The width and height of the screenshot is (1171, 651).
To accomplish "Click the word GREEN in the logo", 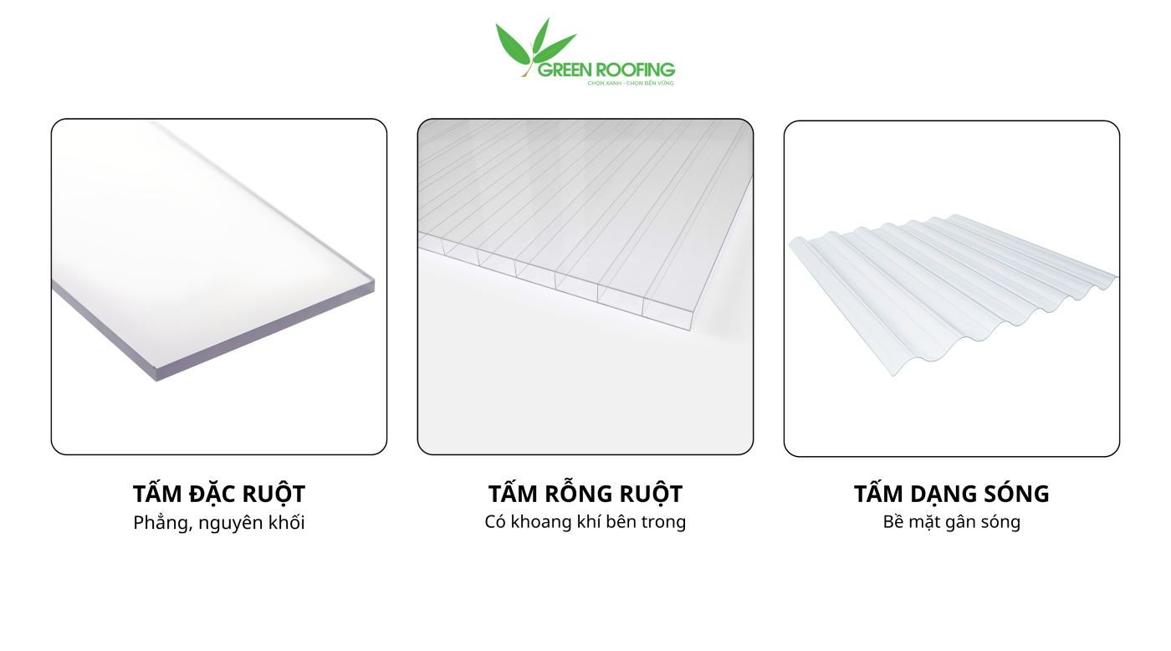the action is [x=565, y=70].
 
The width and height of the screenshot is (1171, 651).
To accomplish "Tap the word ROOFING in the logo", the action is [x=635, y=70].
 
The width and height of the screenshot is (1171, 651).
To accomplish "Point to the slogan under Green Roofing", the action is [x=631, y=83].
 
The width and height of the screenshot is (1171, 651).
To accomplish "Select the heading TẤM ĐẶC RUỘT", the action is [x=219, y=494].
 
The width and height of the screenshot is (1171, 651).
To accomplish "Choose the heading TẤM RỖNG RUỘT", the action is [x=585, y=494].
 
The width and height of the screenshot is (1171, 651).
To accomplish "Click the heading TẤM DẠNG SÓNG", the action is [x=952, y=494].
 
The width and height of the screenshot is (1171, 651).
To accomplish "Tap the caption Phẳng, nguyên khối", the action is [x=219, y=523].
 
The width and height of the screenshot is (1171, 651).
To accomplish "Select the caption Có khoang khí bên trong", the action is [x=585, y=522].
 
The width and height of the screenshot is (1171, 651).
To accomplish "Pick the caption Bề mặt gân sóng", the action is [x=952, y=522].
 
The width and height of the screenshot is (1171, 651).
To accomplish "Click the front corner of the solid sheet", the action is [x=156, y=381].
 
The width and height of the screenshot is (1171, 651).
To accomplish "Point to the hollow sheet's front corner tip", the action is [x=690, y=330].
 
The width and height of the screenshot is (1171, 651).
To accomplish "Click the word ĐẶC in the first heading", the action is [x=216, y=494].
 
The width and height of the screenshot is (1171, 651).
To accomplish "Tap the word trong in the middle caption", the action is [x=664, y=522].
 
